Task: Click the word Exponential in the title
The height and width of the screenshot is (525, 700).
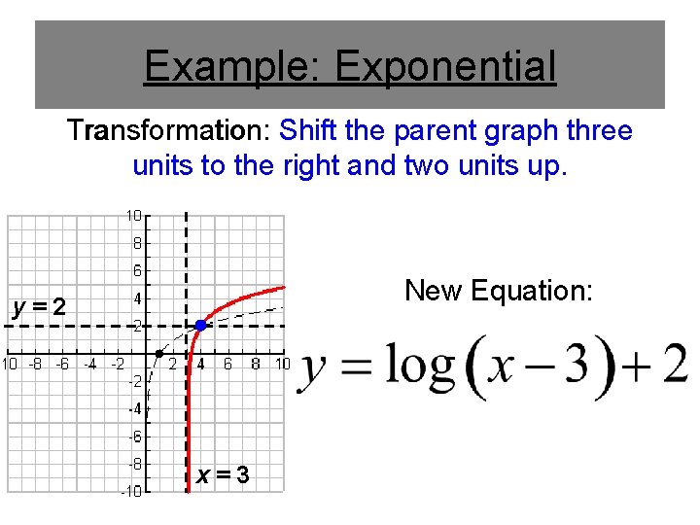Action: coord(445,66)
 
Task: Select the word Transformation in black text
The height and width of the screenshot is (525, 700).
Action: coord(167,130)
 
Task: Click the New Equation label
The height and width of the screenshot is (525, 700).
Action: coord(498,290)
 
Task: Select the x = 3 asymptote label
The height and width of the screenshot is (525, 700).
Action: coord(223,475)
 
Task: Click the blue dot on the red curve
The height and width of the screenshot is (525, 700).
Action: coord(200,325)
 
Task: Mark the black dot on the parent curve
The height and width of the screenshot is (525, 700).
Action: coord(159,353)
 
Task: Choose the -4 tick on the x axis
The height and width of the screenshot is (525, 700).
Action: coord(90,365)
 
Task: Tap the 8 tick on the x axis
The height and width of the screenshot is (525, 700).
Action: coord(255,365)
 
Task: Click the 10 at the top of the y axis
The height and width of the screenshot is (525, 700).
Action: coord(133,215)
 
